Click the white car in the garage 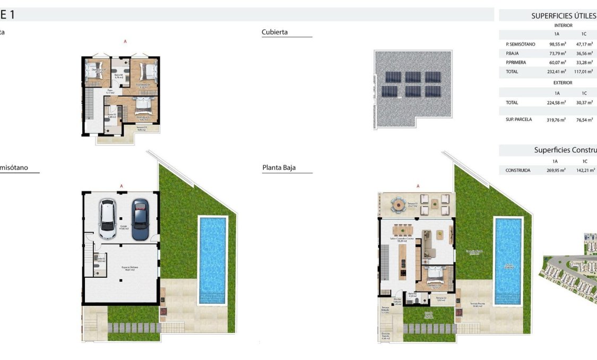click(x=108, y=219)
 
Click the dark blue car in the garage click(x=141, y=219)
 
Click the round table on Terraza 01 click(x=398, y=204)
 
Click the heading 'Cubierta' click(x=275, y=32)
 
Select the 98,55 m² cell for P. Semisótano click(x=557, y=44)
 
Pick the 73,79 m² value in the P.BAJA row click(x=557, y=53)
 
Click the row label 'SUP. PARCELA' click(x=518, y=119)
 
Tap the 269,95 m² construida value click(x=556, y=170)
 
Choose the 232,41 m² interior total click(x=557, y=71)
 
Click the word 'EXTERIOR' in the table click(x=563, y=83)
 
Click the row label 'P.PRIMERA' click(x=516, y=62)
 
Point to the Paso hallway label click(x=110, y=91)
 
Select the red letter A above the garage click(x=122, y=186)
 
